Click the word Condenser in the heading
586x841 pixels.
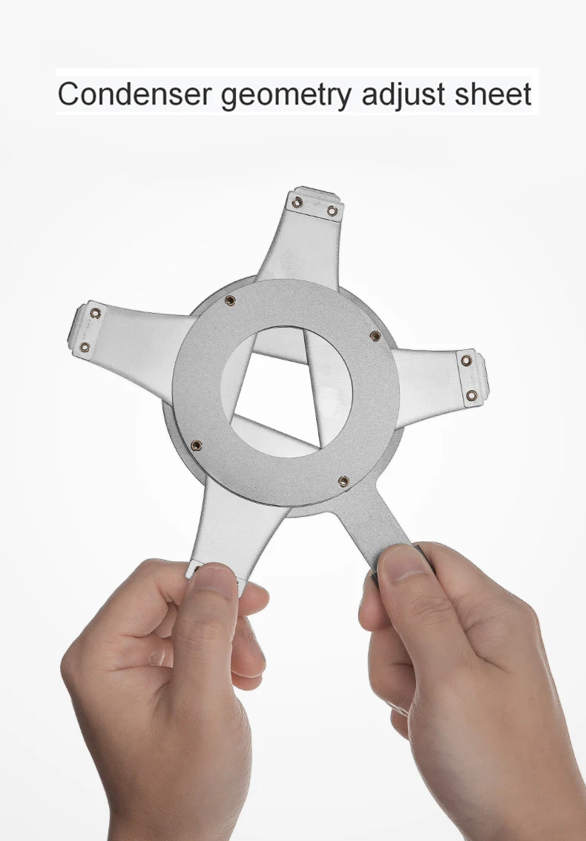(135, 93)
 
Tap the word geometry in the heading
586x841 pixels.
(286, 96)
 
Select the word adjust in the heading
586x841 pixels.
(404, 95)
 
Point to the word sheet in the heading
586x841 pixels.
(493, 93)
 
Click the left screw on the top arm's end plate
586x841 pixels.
(297, 202)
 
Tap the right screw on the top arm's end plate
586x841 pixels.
(332, 211)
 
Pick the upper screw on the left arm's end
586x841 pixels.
(96, 313)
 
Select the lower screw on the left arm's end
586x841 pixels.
(85, 347)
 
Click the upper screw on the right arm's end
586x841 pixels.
(467, 360)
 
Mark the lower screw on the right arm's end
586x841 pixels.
(472, 396)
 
